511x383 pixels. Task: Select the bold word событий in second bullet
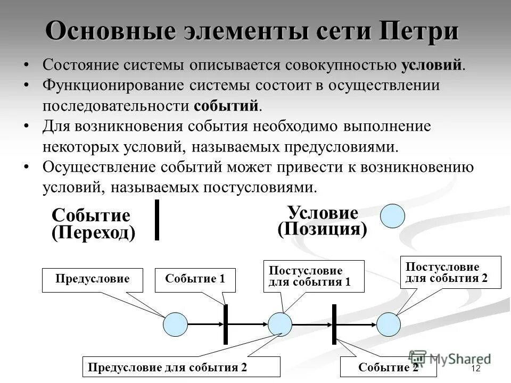[x=227, y=105]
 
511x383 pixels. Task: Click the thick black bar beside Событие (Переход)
[x=157, y=220]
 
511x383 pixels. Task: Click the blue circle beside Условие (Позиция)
[x=393, y=216]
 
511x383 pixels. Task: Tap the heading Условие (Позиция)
[x=323, y=221]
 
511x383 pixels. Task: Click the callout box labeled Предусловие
[x=93, y=280]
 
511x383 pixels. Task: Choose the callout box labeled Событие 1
[x=195, y=280]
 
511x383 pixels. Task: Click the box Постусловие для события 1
[x=314, y=276]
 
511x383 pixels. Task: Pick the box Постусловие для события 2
[x=450, y=272]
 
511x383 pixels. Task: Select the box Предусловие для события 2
[x=181, y=367]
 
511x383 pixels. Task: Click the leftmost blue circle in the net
[x=175, y=324]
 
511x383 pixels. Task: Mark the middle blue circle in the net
[x=280, y=324]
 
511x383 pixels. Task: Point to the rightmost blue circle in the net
[x=389, y=324]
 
